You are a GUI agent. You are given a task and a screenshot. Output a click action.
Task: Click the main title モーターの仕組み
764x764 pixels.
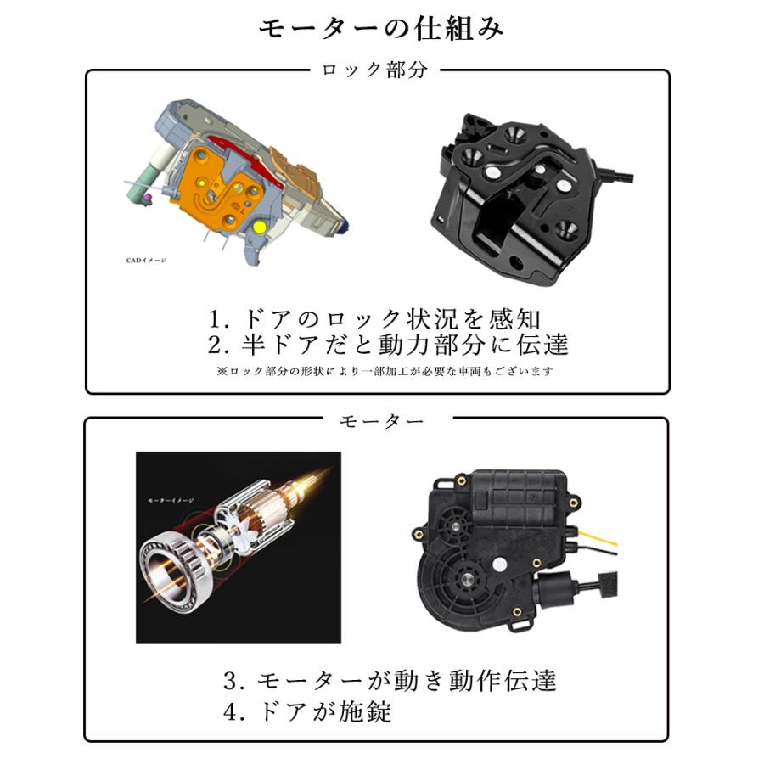[x=381, y=28]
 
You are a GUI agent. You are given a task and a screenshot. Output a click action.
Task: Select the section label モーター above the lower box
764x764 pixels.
[x=381, y=420]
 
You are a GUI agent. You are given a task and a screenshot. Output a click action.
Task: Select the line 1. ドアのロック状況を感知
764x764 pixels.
[x=374, y=319]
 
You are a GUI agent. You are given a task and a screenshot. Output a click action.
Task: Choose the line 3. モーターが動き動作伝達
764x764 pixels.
[x=390, y=680]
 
